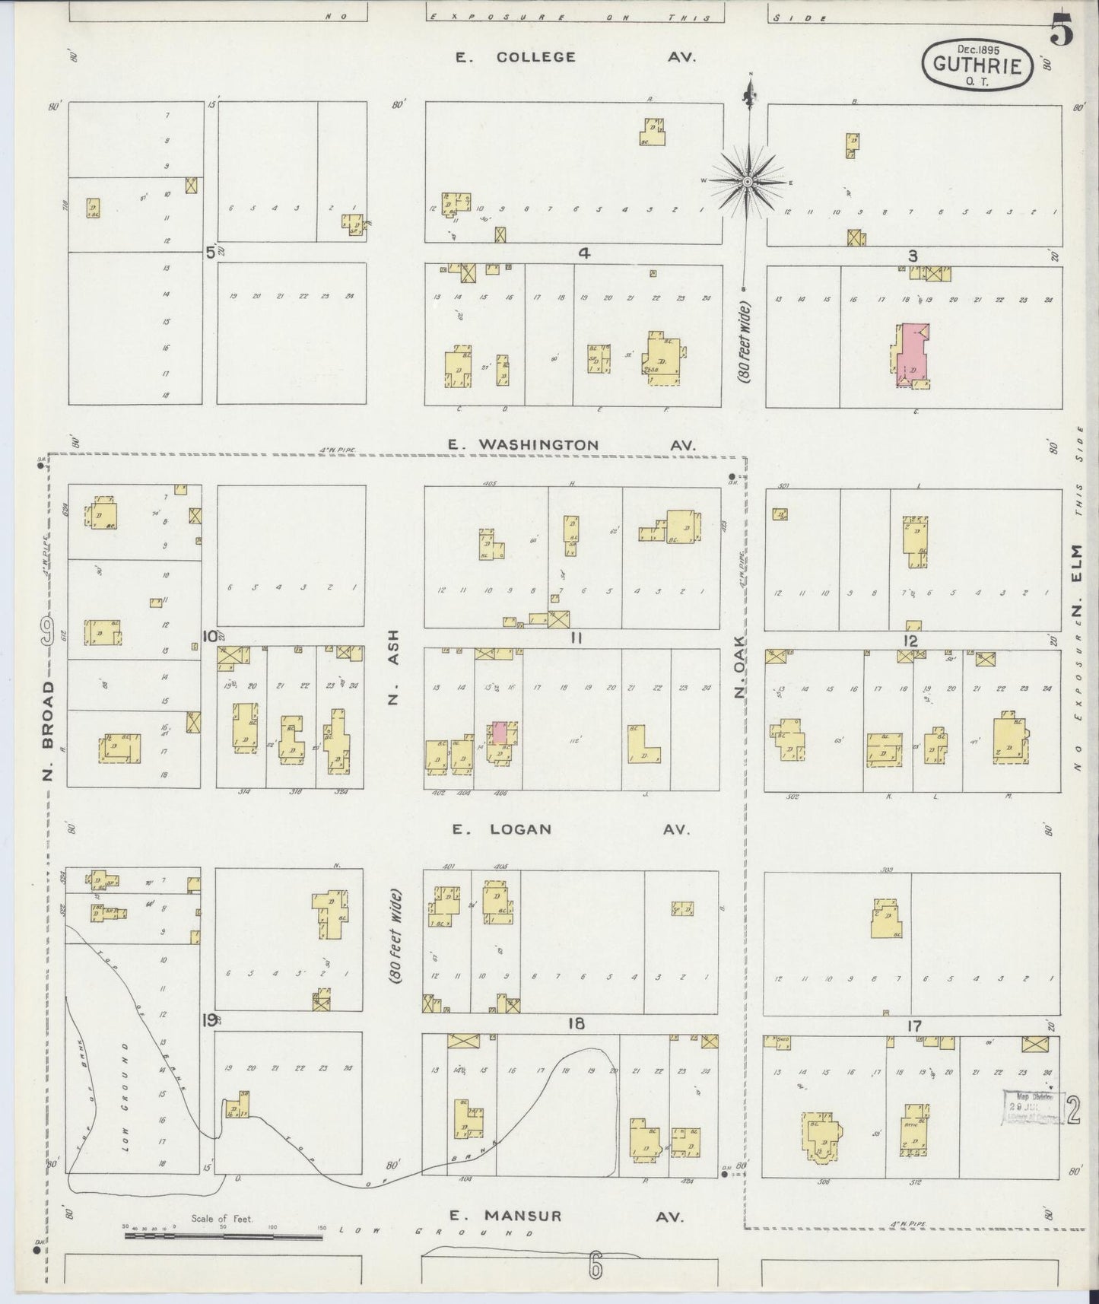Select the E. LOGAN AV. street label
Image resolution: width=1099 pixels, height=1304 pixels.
click(x=570, y=829)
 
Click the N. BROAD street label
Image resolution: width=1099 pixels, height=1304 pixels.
click(x=49, y=730)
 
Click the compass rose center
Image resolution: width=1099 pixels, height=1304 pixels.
click(x=748, y=181)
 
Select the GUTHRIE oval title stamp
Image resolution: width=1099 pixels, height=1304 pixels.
click(x=977, y=64)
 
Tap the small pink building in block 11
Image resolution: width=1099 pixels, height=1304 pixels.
click(x=500, y=732)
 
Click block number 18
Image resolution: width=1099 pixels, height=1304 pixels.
click(x=576, y=1023)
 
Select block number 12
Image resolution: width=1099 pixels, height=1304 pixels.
click(x=910, y=641)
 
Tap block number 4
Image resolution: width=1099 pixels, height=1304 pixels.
click(x=583, y=254)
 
